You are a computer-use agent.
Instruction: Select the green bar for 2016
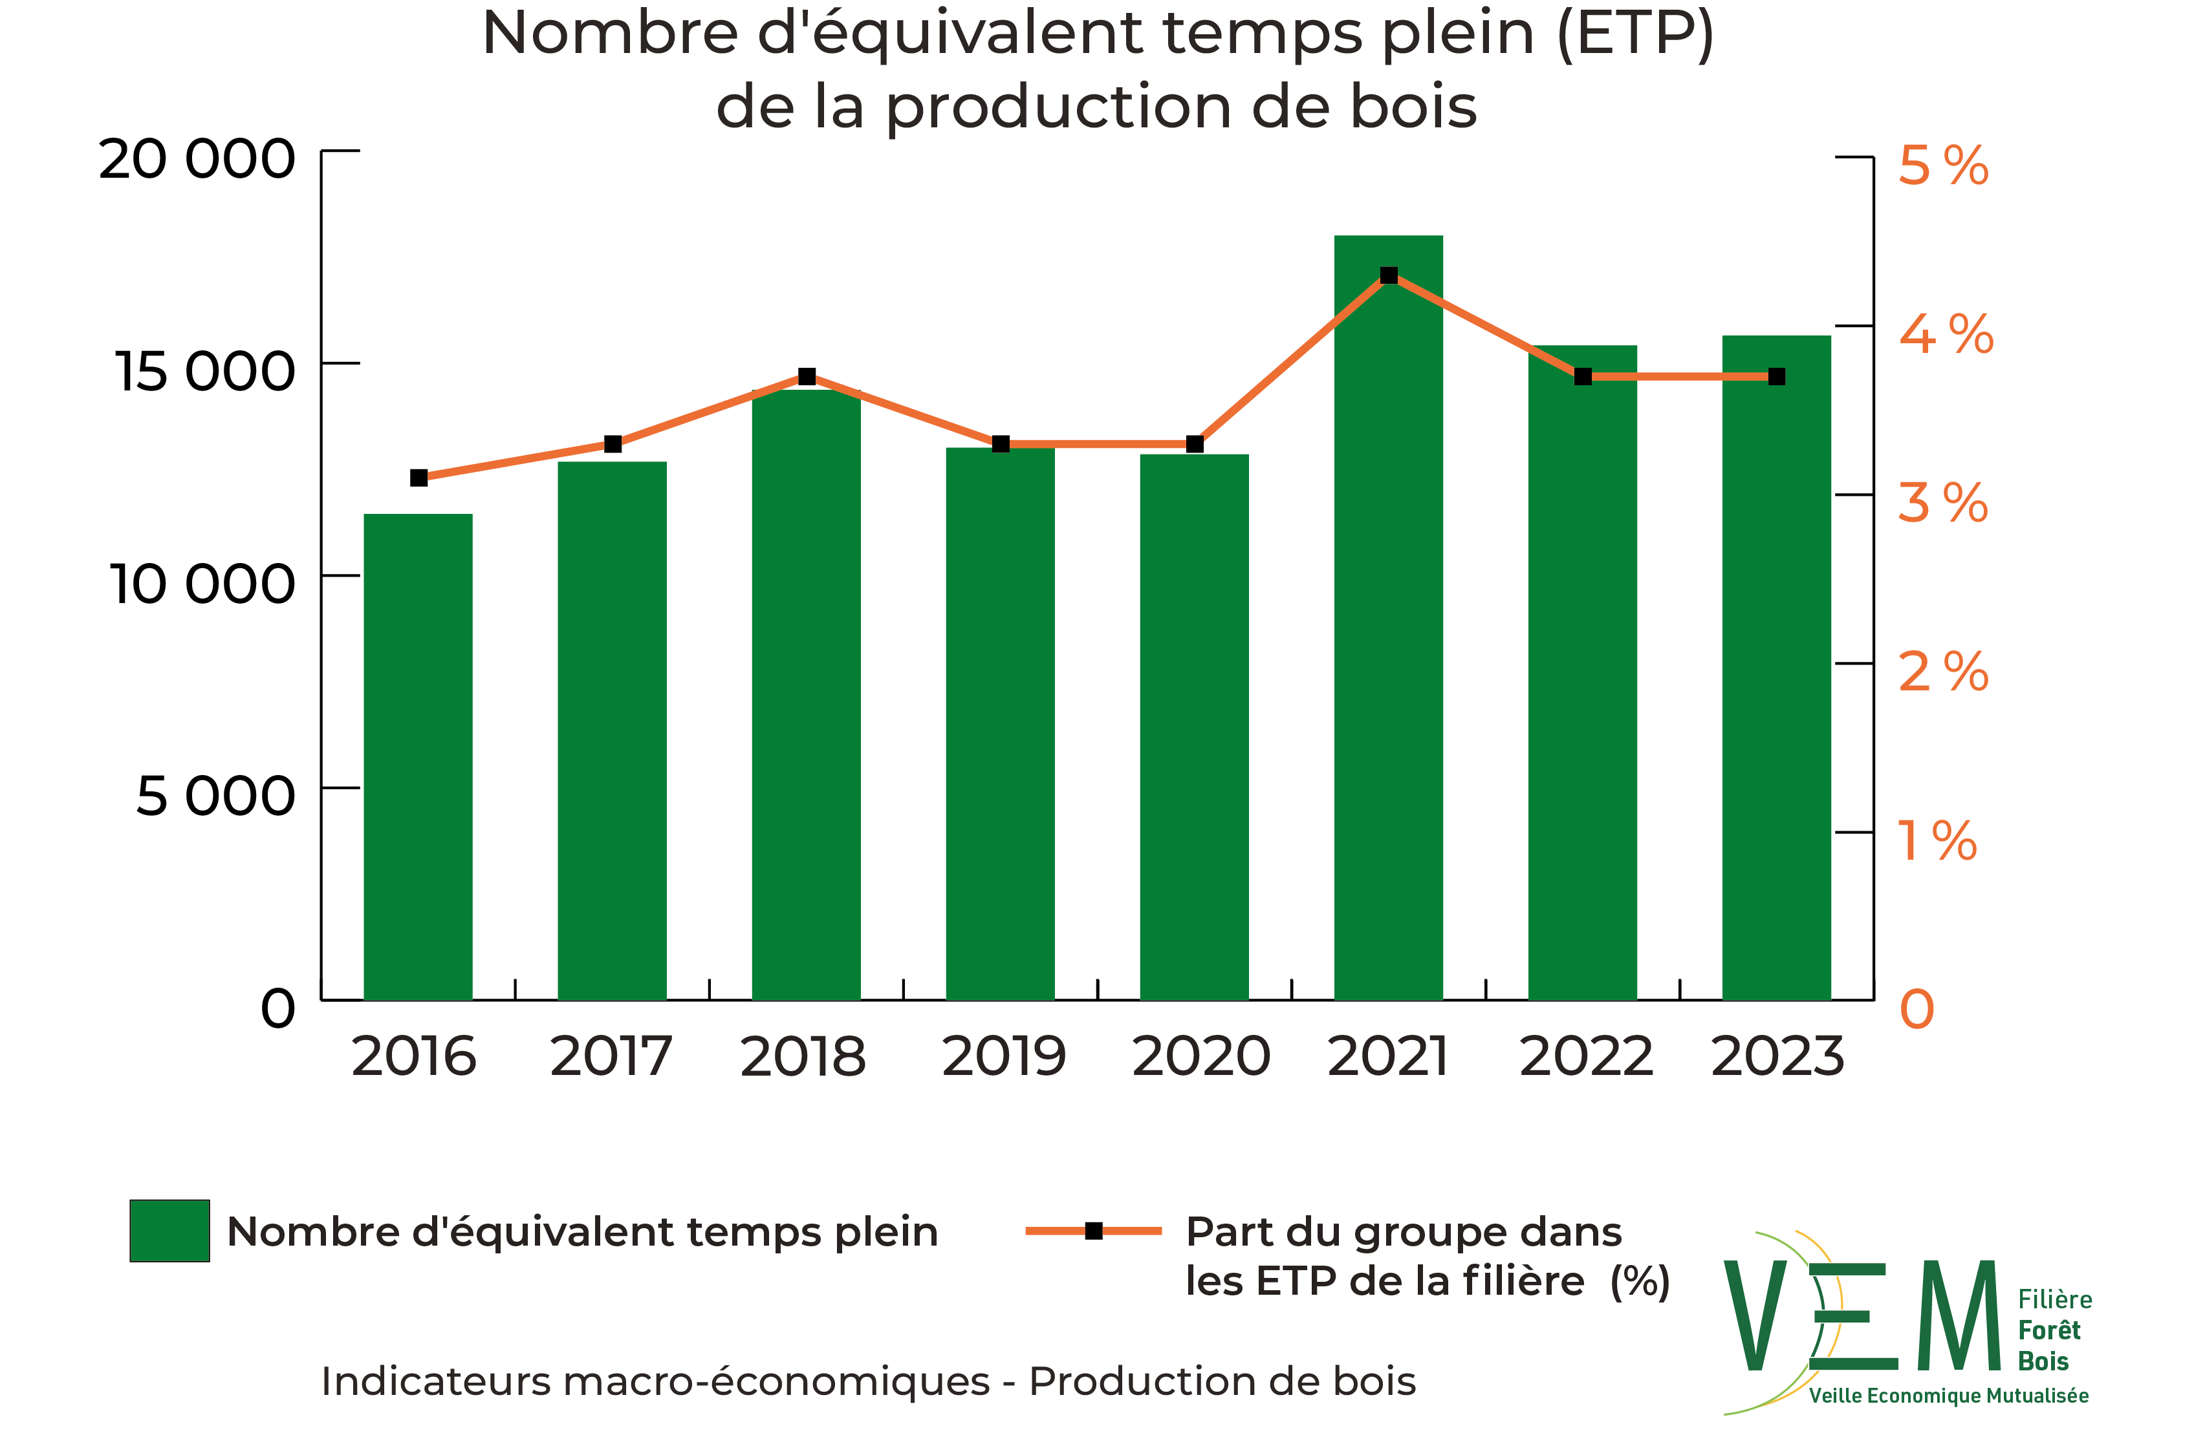click(418, 756)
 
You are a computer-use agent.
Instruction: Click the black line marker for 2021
click(1389, 276)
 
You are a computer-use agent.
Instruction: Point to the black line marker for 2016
click(419, 478)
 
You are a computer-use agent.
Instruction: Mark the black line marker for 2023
click(1776, 376)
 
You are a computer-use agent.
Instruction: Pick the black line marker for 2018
click(807, 376)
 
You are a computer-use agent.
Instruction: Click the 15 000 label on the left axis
click(204, 372)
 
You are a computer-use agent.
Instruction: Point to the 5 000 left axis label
click(215, 795)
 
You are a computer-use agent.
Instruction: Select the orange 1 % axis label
click(1937, 840)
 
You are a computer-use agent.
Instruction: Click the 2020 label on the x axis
click(1200, 1056)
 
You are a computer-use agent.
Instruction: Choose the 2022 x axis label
click(1585, 1056)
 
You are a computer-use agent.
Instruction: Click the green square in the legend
click(169, 1230)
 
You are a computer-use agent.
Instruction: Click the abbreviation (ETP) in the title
click(1634, 34)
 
